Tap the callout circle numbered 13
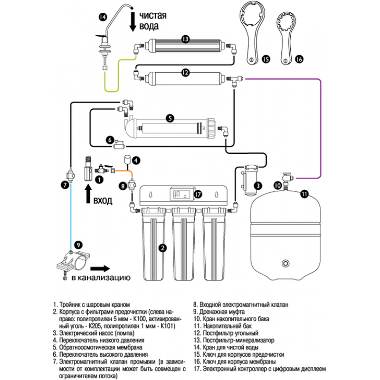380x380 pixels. tap(186, 38)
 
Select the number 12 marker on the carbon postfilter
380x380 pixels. tap(186, 72)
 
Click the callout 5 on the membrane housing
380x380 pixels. tap(170, 117)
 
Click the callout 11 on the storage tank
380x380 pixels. tap(304, 193)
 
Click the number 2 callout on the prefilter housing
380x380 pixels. tap(162, 247)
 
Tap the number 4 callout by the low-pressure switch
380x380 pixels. tap(136, 161)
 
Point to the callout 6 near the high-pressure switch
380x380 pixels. tap(109, 140)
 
